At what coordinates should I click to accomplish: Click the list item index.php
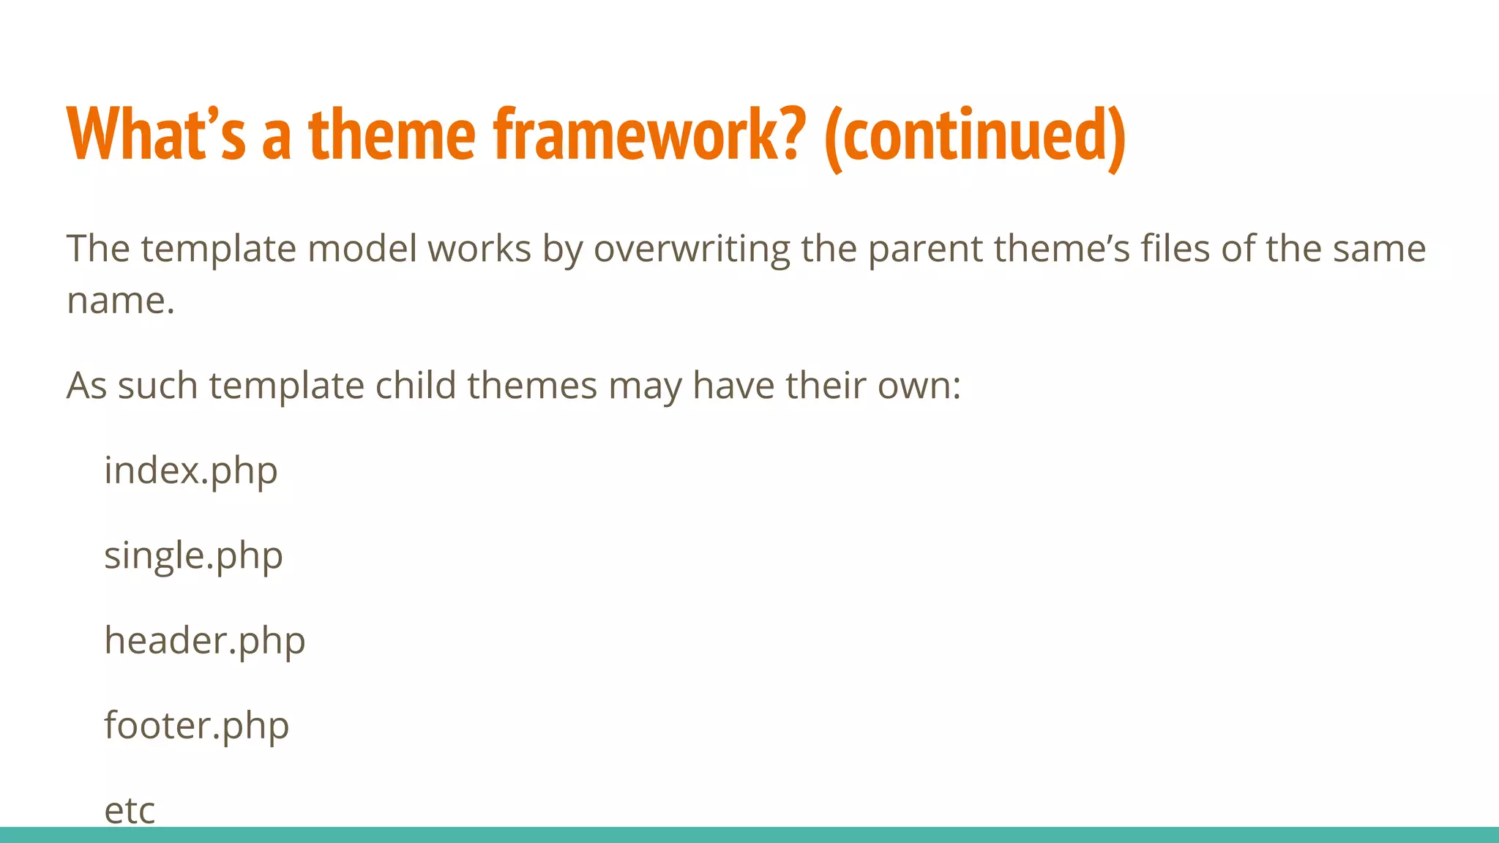(x=191, y=471)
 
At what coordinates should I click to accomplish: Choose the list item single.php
(x=193, y=555)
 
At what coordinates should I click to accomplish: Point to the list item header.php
(x=204, y=640)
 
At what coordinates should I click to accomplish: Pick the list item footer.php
(x=196, y=725)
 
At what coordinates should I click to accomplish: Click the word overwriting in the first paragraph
(x=691, y=249)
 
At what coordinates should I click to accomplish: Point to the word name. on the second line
(x=121, y=301)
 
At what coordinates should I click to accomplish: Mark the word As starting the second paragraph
(x=86, y=386)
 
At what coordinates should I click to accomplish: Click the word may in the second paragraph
(x=644, y=386)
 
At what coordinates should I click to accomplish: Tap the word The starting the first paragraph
(x=98, y=249)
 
